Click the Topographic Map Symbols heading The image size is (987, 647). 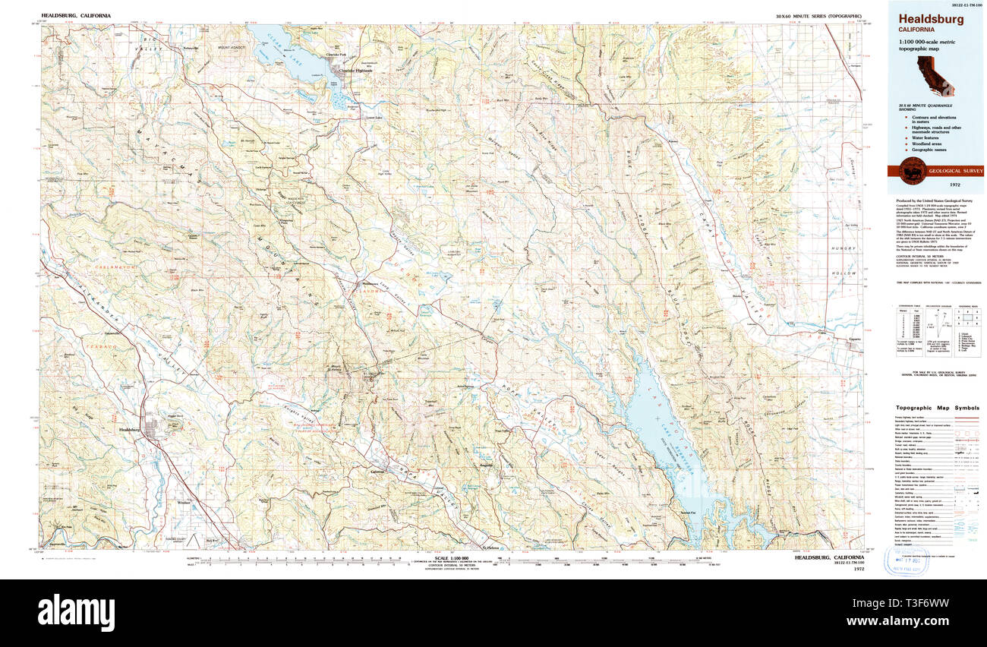[x=936, y=408]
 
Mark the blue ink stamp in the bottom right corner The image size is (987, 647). [x=908, y=563]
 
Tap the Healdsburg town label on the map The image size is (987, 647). [x=131, y=431]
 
